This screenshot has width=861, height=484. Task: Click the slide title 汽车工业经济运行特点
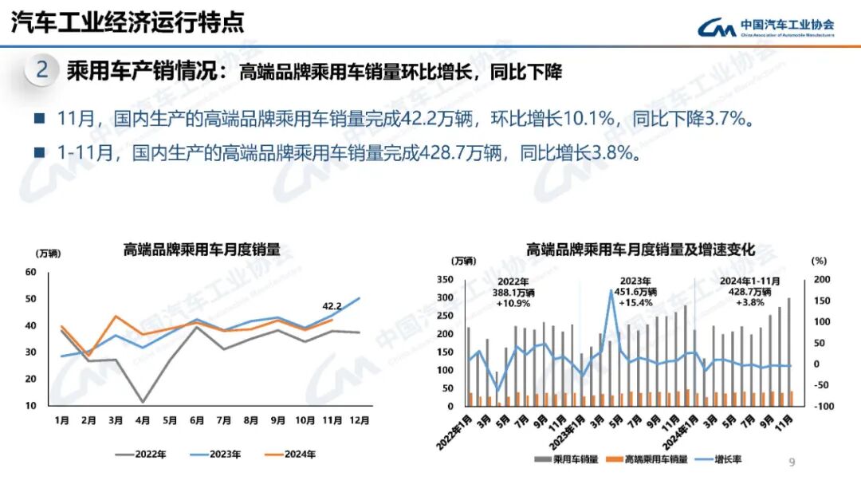pyautogui.click(x=128, y=22)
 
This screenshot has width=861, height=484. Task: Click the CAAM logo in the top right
pyautogui.click(x=766, y=27)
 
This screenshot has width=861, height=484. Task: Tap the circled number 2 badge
pyautogui.click(x=42, y=70)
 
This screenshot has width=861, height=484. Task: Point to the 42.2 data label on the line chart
pyautogui.click(x=332, y=305)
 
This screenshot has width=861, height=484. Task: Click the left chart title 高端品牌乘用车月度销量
pyautogui.click(x=202, y=250)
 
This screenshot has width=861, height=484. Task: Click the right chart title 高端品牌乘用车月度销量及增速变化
pyautogui.click(x=639, y=250)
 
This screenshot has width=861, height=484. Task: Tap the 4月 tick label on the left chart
pyautogui.click(x=143, y=420)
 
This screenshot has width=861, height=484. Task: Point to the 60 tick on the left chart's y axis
pyautogui.click(x=31, y=272)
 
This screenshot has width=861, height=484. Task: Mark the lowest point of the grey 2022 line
pyautogui.click(x=143, y=402)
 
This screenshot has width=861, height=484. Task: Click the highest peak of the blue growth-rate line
pyautogui.click(x=611, y=290)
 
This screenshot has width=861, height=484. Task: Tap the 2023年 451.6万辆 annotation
pyautogui.click(x=635, y=292)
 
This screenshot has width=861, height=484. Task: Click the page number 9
pyautogui.click(x=792, y=462)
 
